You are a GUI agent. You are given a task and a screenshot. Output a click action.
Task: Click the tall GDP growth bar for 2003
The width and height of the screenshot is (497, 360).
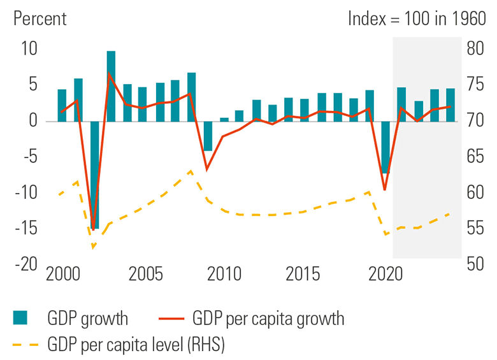coord(111,86)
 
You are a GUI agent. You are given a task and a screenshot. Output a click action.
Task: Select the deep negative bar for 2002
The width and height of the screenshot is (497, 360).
coord(94,175)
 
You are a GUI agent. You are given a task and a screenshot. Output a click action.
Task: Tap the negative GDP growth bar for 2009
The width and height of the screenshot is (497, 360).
coord(208,136)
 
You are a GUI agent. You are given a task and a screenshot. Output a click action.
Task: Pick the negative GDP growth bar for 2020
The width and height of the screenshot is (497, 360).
coord(385,147)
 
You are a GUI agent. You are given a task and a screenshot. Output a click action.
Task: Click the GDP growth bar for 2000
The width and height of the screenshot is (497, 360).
coord(62,105)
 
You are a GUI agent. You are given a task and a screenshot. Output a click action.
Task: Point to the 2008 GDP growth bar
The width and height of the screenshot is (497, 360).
coord(192,97)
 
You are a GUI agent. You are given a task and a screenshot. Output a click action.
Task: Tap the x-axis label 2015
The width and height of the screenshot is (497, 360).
coord(303,275)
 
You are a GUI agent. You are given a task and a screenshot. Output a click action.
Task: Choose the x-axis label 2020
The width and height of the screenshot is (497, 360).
coord(386,275)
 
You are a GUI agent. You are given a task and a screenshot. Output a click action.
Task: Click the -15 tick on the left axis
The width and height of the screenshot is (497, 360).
coord(28,228)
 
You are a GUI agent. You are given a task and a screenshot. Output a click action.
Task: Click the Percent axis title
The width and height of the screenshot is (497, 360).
coord(39,18)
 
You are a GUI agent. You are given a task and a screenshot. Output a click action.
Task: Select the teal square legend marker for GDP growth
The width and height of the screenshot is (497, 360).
coord(21,318)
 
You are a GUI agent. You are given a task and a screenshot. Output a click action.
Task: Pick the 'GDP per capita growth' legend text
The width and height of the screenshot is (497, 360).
coord(268,318)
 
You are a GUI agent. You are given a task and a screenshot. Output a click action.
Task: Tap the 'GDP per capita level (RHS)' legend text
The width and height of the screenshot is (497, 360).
coord(136,345)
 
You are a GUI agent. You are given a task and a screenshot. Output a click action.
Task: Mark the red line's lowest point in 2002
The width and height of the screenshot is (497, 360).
coord(94,228)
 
